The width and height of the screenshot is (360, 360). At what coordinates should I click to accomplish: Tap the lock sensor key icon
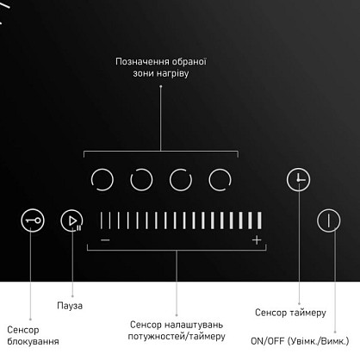[x=33, y=220]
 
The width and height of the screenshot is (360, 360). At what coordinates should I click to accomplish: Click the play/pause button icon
[x=71, y=220]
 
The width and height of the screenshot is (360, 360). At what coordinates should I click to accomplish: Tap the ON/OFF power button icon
[x=329, y=220]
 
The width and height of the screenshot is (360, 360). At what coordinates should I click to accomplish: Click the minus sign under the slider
[x=105, y=239]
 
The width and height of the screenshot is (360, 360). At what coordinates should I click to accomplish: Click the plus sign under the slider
[x=257, y=239]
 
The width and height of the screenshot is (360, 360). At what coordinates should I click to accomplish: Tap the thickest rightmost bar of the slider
[x=259, y=220]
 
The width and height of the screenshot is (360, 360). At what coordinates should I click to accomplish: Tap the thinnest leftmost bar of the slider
[x=101, y=220]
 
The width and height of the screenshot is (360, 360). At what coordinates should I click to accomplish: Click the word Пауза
[x=70, y=306]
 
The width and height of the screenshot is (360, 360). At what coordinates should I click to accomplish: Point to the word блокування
[x=33, y=341]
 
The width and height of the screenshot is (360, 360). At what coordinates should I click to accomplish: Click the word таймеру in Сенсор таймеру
[x=308, y=313]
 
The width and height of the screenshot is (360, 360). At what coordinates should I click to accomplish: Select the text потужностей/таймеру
[x=177, y=336]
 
